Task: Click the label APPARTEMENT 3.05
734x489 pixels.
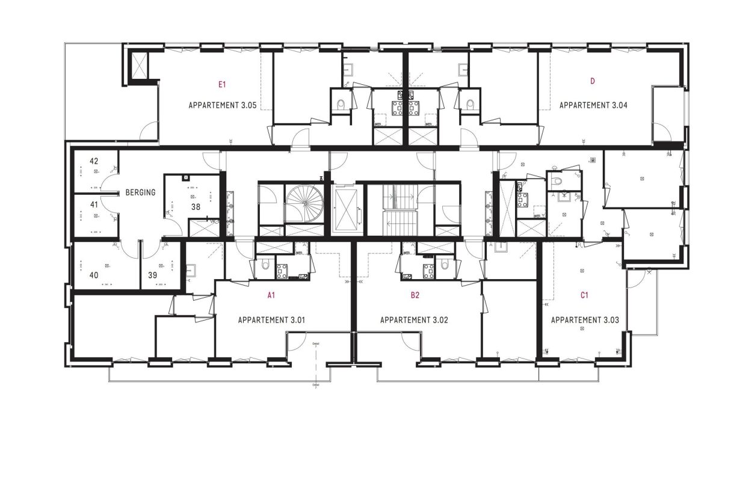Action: coord(223,105)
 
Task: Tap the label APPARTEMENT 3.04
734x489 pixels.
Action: coord(593,105)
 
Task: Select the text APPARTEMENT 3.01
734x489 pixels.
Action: coord(271,320)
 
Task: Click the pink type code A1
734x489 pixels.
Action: coord(271,295)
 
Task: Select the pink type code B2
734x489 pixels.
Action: coord(415,295)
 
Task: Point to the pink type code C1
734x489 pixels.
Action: coord(584,295)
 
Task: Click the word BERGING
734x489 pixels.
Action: coord(141,193)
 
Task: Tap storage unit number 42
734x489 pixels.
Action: coord(94,161)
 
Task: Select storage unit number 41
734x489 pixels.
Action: coord(94,205)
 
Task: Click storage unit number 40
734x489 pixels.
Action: coord(94,275)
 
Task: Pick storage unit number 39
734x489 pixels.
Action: coord(153,275)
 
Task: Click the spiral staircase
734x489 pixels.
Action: coord(304,203)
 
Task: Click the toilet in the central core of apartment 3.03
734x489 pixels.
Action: coord(557,180)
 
